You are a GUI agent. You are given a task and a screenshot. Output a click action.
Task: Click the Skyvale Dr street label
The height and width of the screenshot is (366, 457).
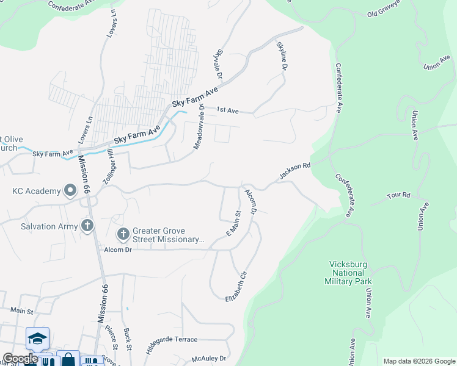(218, 63)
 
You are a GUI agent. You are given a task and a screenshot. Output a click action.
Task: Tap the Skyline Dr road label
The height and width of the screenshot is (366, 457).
(282, 56)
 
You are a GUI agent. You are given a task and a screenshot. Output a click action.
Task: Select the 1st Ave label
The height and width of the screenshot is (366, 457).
(228, 110)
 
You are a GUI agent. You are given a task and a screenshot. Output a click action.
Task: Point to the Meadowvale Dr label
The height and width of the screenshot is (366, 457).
(199, 126)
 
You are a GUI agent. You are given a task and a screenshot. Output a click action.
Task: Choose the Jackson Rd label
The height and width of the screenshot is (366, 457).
(296, 170)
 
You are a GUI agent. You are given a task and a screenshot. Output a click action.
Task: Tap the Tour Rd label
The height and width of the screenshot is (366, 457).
(399, 195)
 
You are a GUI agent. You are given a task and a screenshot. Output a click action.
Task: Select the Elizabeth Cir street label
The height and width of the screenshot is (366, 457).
(239, 287)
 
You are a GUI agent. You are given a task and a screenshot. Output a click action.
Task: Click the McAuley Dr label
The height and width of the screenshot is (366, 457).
(209, 359)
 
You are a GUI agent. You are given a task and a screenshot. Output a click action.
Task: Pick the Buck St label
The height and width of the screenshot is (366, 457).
(128, 339)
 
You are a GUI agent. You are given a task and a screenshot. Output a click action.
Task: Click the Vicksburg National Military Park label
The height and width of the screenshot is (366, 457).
(351, 273)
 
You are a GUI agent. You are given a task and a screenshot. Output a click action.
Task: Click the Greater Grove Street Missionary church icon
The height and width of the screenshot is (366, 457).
(123, 234)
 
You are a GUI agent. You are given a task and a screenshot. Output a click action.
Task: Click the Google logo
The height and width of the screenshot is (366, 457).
(20, 359)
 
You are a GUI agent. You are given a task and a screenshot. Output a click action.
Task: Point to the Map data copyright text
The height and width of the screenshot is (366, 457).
(419, 361)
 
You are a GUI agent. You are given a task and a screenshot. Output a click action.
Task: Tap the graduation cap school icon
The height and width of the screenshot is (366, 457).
(37, 339)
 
